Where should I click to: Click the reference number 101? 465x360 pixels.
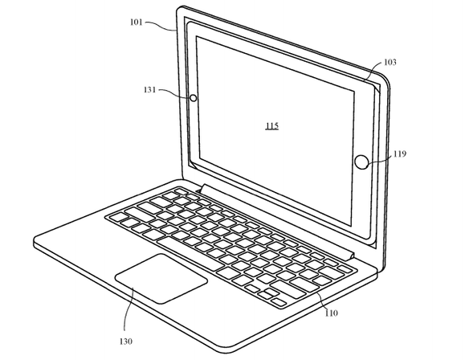click(x=137, y=22)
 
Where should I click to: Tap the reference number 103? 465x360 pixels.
click(x=390, y=62)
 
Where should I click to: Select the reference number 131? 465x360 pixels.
click(x=149, y=90)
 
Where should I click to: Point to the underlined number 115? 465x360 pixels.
click(x=272, y=126)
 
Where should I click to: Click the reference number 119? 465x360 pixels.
click(x=400, y=153)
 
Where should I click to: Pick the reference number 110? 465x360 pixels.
click(x=331, y=313)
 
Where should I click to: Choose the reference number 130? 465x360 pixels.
click(x=126, y=342)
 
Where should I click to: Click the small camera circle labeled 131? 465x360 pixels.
click(x=193, y=98)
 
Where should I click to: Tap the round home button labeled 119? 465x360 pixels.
click(x=361, y=162)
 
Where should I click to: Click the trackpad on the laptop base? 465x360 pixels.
click(x=161, y=278)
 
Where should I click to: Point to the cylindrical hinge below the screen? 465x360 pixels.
click(x=277, y=223)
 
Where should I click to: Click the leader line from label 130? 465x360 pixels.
click(x=128, y=309)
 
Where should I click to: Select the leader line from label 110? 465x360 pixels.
click(x=323, y=301)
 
